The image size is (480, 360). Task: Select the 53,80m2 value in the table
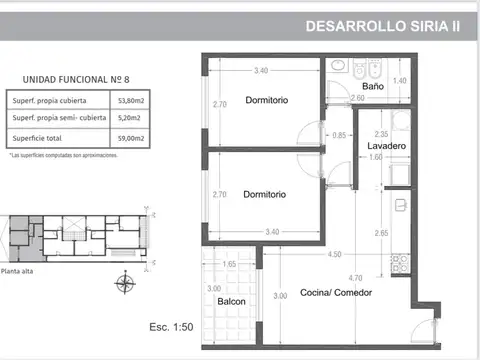click(x=130, y=101)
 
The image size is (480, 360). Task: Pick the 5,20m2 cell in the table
click(x=130, y=119)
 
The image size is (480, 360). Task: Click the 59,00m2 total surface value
click(x=130, y=137)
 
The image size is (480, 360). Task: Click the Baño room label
click(x=373, y=87)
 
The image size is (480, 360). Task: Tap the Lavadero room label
click(x=385, y=147)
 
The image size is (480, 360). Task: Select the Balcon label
click(x=231, y=303)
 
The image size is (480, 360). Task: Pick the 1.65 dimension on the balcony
click(x=229, y=264)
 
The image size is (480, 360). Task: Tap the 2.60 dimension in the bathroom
click(x=358, y=99)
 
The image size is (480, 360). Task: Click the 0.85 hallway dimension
click(x=339, y=135)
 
